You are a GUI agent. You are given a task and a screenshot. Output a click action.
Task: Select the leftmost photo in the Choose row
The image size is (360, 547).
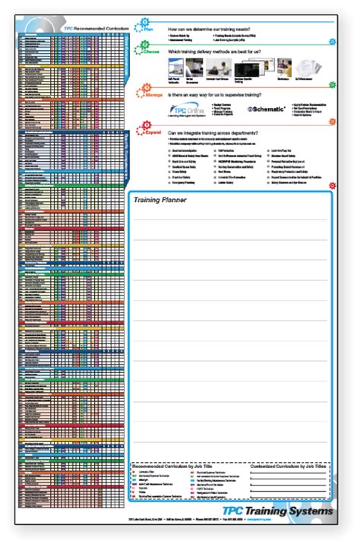pos(172,67)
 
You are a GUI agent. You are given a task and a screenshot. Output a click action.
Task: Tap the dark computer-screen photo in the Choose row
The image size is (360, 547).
pos(246,67)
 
